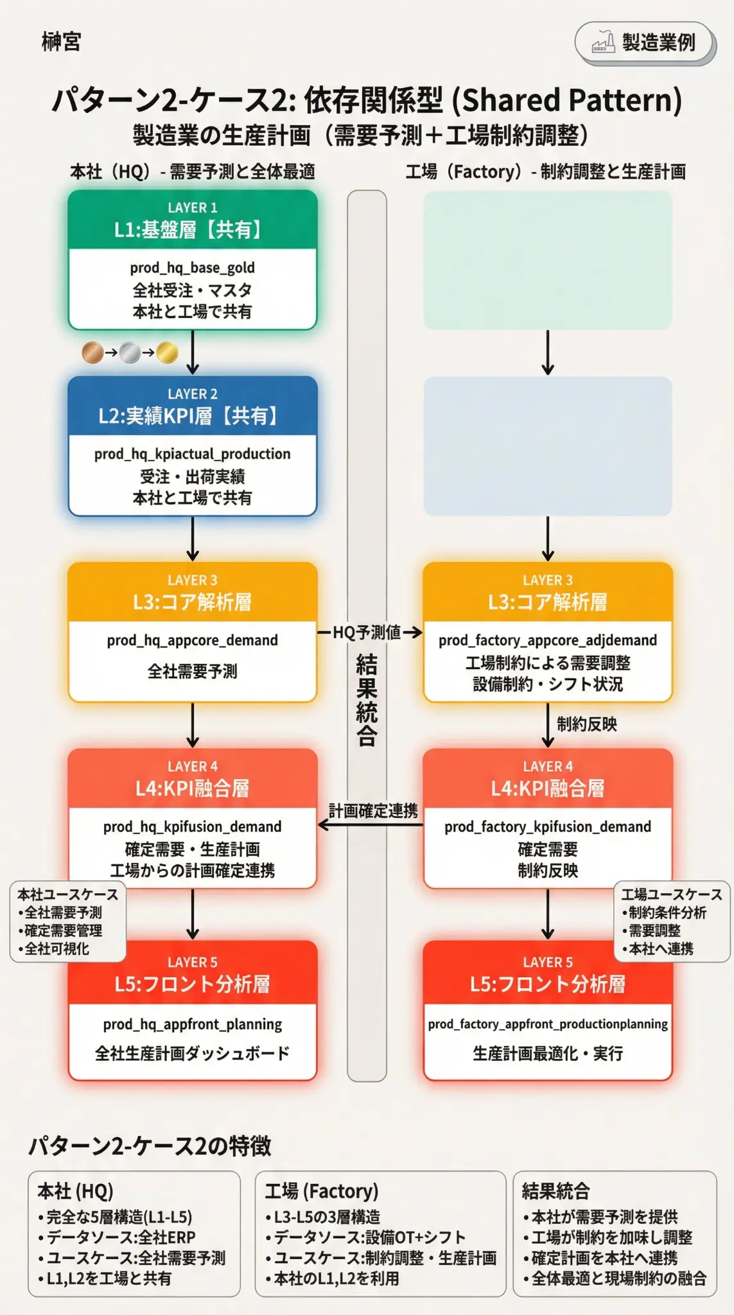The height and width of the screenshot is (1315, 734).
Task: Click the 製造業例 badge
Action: (x=645, y=43)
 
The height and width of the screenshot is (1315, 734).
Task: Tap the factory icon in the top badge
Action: (x=602, y=42)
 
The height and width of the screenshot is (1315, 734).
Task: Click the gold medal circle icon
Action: (x=167, y=353)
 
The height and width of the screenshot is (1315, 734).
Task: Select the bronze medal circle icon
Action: (x=92, y=353)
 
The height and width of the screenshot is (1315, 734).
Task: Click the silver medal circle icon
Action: (x=130, y=353)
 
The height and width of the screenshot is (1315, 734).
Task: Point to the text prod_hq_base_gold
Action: (x=192, y=267)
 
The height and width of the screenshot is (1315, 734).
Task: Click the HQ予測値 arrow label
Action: (x=367, y=632)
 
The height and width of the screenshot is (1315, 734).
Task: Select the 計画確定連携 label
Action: (x=372, y=811)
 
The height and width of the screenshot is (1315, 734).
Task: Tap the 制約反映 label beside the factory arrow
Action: (x=586, y=724)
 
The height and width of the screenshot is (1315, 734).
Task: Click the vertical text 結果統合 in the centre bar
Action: (x=367, y=700)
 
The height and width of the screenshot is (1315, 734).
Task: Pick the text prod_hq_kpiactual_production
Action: (x=192, y=454)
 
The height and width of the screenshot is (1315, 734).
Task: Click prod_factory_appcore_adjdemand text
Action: (x=547, y=640)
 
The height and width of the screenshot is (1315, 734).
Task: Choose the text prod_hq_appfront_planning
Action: (x=192, y=1024)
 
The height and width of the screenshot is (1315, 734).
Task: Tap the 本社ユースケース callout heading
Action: (x=67, y=894)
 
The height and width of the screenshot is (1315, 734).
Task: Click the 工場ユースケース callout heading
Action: (x=671, y=894)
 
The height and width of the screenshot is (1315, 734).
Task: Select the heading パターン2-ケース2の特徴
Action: (x=150, y=1146)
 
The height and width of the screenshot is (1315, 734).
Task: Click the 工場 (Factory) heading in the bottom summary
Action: (x=321, y=1192)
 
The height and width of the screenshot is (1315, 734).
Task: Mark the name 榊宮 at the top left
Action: (x=61, y=42)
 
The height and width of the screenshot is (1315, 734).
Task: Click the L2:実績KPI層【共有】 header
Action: (x=192, y=416)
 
